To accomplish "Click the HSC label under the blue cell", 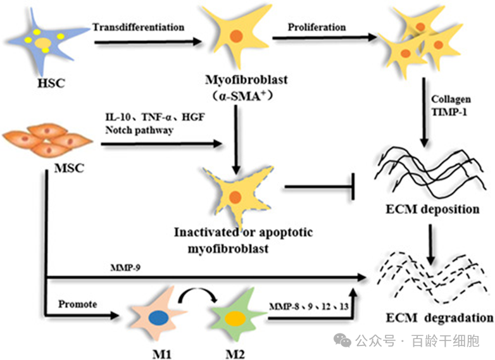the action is point(51,84).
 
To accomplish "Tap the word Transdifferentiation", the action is point(138,27).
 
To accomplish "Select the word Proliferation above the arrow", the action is point(316,27).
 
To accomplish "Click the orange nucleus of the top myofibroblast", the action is point(236,35).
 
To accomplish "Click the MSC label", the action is point(69,168).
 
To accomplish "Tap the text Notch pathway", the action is point(139,130).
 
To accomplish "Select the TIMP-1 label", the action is point(449,112).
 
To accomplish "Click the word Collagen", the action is point(451,99).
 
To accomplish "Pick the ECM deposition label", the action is point(432,209).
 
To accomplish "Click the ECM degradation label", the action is point(439,318).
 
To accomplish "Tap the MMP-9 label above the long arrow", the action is point(125,268).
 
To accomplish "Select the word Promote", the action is point(78,304).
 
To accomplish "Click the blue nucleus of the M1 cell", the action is point(158,318).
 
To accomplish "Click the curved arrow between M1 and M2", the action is point(197,292).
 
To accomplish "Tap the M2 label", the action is point(235,354).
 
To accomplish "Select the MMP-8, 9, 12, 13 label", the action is point(309,306).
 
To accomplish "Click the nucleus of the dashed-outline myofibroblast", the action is point(235,197).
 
